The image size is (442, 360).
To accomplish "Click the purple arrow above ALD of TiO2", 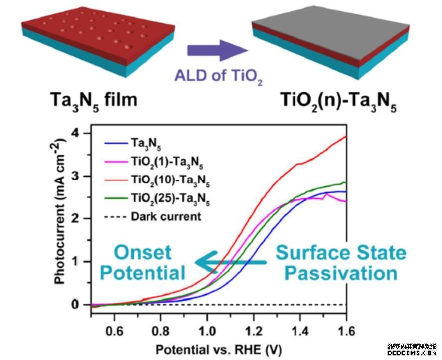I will point(217,50).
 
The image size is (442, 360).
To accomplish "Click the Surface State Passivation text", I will point(341,263).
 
